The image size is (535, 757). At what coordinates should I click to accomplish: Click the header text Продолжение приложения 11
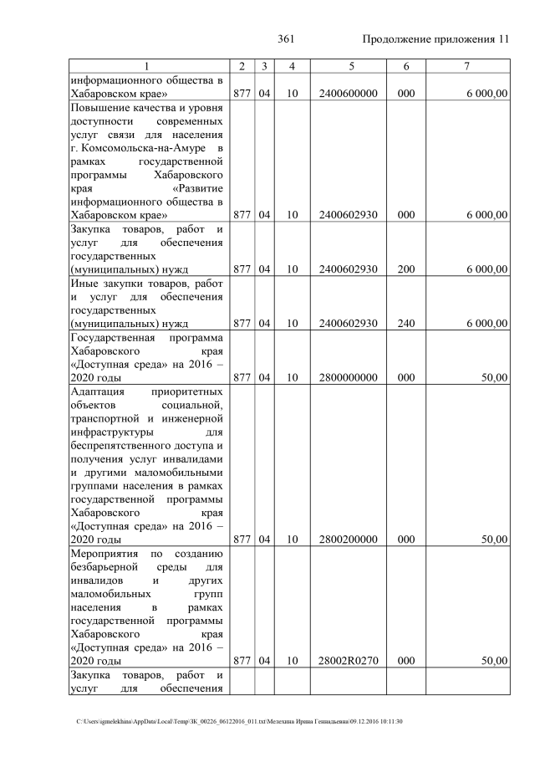pos(436,39)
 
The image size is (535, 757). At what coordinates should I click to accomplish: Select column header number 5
pos(348,66)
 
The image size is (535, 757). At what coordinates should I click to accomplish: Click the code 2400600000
pos(348,95)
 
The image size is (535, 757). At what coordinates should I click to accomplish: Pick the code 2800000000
pos(348,377)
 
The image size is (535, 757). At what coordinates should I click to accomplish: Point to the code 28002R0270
pos(348,660)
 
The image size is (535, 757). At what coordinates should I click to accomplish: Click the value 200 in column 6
pos(406,269)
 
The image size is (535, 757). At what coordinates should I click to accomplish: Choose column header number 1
pos(145,66)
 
